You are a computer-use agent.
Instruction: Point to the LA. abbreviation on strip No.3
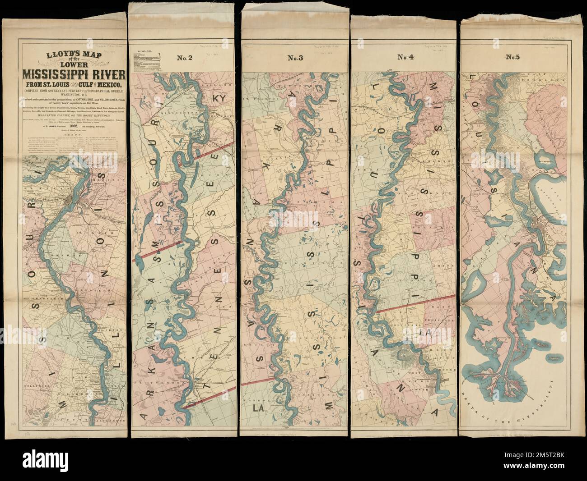point(258,410)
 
